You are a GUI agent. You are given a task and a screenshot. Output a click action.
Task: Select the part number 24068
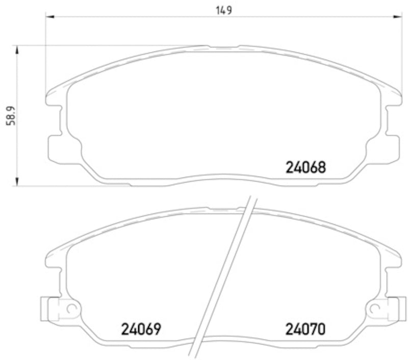point(305,167)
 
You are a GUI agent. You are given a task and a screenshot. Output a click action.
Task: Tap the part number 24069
point(141,329)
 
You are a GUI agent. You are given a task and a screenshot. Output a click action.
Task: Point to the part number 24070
point(305,329)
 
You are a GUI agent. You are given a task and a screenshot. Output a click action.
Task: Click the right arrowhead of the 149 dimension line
point(398,17)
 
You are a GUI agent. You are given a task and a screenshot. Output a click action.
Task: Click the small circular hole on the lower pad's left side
point(71,308)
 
